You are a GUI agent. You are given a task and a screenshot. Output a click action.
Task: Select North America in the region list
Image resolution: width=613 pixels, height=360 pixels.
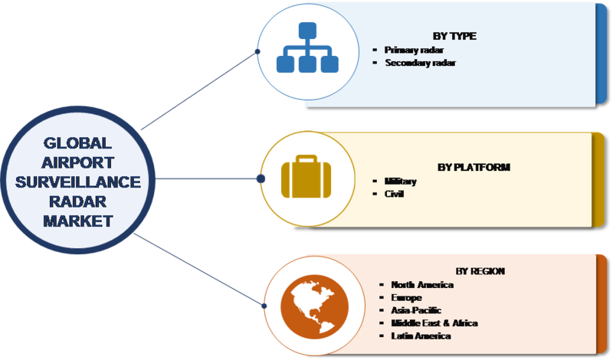422,284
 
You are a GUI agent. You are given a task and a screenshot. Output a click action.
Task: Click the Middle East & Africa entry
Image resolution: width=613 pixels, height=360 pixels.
434,323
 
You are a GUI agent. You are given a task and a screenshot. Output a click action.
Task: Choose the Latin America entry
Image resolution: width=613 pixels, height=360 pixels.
420,336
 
